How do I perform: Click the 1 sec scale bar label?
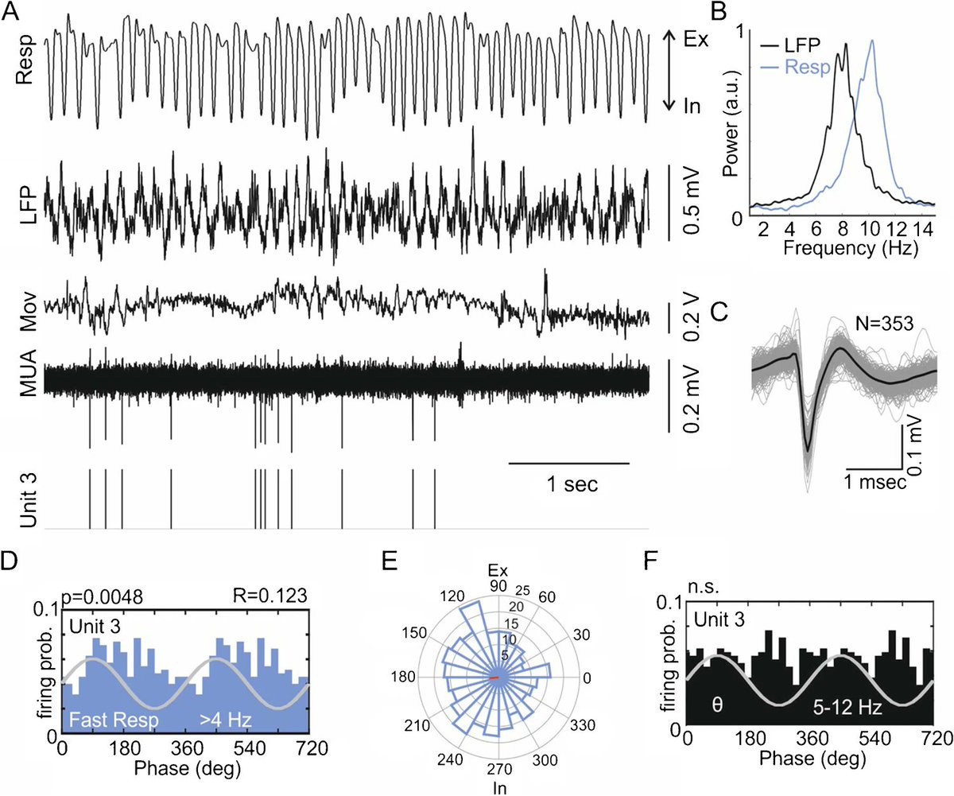(570, 483)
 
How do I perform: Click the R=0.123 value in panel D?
(267, 594)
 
